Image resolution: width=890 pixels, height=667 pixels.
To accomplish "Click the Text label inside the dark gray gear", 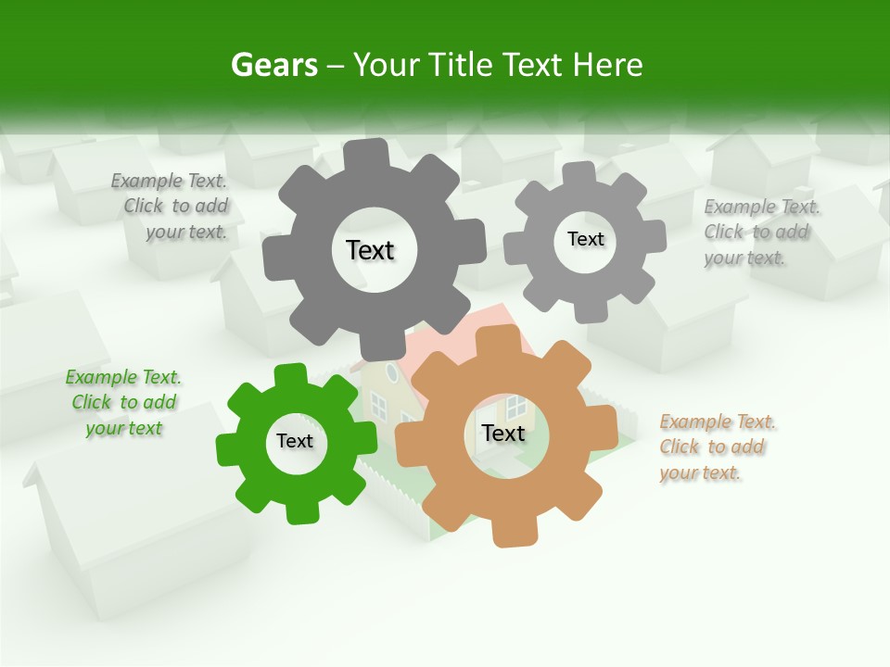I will point(370,250).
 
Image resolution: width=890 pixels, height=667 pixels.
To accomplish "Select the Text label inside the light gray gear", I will point(585,239).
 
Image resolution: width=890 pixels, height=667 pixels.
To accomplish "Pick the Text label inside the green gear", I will point(295,441).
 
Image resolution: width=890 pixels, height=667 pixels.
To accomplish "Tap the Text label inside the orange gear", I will point(503,434).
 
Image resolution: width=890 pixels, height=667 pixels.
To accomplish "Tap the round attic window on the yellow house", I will point(391,372).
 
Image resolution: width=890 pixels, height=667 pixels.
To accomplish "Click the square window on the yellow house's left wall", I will point(378,404).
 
